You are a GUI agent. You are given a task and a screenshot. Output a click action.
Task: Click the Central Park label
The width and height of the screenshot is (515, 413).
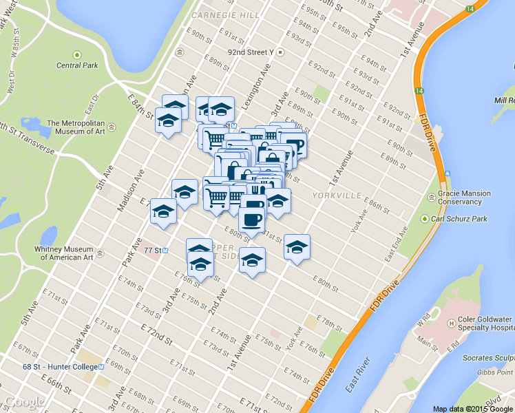pyautogui.click(x=76, y=65)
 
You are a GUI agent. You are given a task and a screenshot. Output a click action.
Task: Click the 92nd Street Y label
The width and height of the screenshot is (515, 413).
pyautogui.click(x=255, y=52)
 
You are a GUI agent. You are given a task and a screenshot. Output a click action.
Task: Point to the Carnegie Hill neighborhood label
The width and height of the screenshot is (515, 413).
pyautogui.click(x=218, y=14)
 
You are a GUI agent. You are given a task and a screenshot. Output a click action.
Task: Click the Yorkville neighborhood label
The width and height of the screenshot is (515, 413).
pyautogui.click(x=337, y=195)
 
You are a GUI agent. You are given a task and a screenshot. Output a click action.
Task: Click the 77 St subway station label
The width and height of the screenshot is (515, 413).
pyautogui.click(x=151, y=250)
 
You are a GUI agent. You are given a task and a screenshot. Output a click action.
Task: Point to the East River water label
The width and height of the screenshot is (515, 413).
pyautogui.click(x=359, y=374)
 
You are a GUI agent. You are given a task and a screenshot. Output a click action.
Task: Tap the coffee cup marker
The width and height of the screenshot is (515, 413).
pyautogui.click(x=251, y=220)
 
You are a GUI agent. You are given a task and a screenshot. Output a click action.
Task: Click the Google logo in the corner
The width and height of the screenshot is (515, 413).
pyautogui.click(x=25, y=402)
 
